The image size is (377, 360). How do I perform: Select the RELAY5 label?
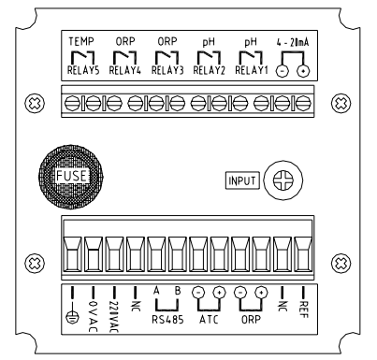tap(82, 69)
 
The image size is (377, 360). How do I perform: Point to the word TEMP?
tap(82, 42)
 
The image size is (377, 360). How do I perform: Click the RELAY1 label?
tap(252, 69)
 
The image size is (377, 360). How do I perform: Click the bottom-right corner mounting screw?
tap(341, 261)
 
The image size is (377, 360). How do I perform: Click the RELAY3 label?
tap(167, 69)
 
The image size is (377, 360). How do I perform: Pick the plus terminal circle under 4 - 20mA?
tap(304, 71)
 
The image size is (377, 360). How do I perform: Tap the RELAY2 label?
tap(210, 69)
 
